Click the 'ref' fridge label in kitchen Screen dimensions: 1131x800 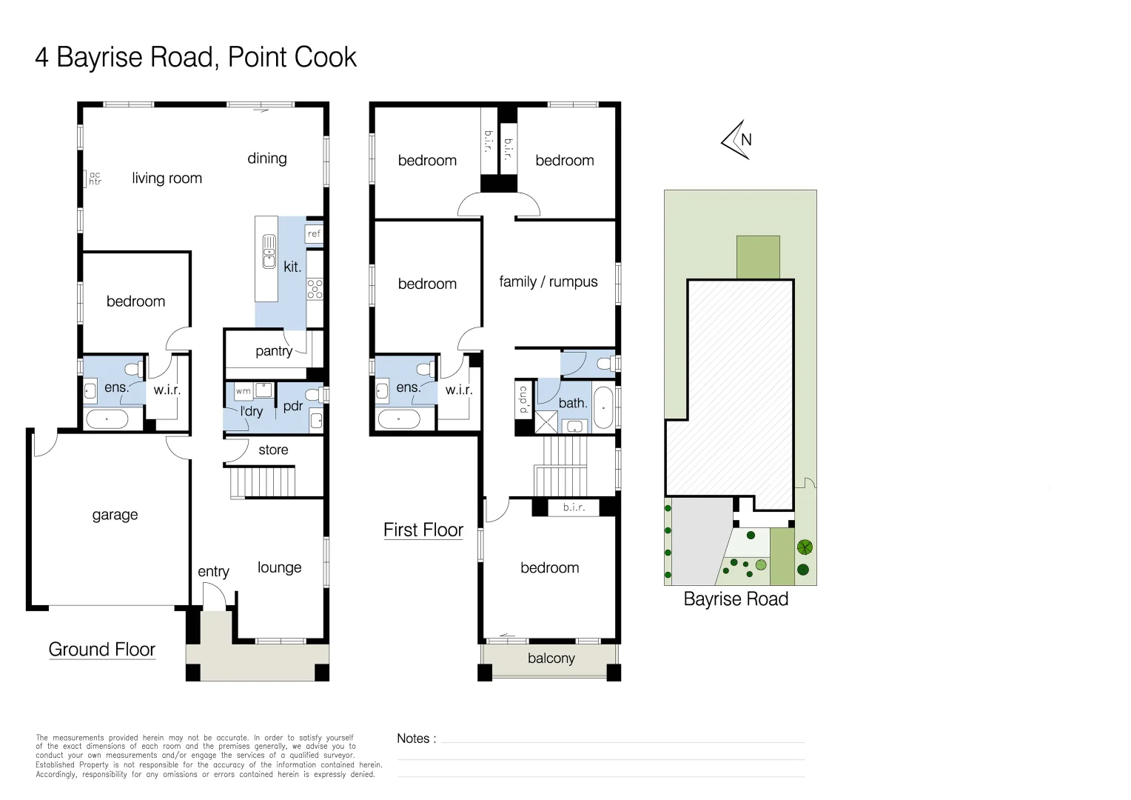pos(314,233)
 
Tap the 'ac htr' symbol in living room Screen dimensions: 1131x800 pos(95,179)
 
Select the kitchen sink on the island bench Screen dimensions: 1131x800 pos(269,251)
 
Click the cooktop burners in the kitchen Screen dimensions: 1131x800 pos(315,289)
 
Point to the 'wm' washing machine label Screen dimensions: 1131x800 pos(244,391)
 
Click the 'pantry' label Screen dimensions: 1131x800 pos(274,351)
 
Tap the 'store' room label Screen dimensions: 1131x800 pos(273,450)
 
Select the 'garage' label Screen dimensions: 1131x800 pos(115,515)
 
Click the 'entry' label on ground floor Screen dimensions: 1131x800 pos(213,571)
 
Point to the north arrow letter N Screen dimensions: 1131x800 pos(746,139)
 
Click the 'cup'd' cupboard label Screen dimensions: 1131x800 pos(523,399)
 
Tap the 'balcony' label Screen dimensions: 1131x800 pos(551,659)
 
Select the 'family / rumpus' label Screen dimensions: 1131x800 pos(548,281)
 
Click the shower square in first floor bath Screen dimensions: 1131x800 pos(546,422)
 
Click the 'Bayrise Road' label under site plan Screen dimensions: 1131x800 pos(736,599)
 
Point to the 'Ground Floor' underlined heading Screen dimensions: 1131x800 pos(101,650)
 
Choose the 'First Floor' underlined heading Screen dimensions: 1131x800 pos(423,530)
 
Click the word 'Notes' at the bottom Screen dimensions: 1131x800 pos(413,739)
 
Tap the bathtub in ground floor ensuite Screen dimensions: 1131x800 pos(107,419)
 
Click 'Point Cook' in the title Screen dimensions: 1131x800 pos(292,57)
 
